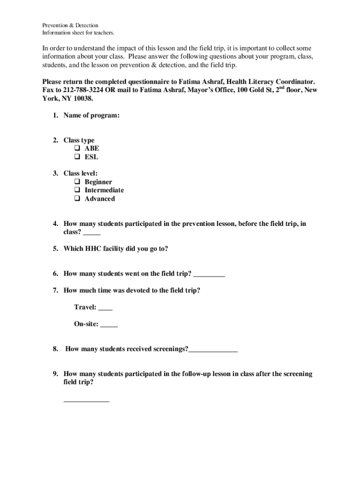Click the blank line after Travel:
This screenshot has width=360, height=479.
coord(106,309)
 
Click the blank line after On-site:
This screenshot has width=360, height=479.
coord(109,326)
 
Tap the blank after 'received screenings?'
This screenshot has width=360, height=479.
coord(213,351)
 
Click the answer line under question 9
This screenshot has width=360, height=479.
coord(86,401)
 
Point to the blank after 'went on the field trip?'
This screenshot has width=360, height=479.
coord(209,276)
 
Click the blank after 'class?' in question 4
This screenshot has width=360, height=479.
coord(93,234)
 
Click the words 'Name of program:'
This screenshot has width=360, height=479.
coord(92,116)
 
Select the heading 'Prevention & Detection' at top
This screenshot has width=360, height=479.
coord(70,25)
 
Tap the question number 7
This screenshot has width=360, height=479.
coord(55,290)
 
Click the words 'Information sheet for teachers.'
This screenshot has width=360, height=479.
coord(78,33)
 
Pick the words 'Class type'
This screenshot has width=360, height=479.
coord(79,140)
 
